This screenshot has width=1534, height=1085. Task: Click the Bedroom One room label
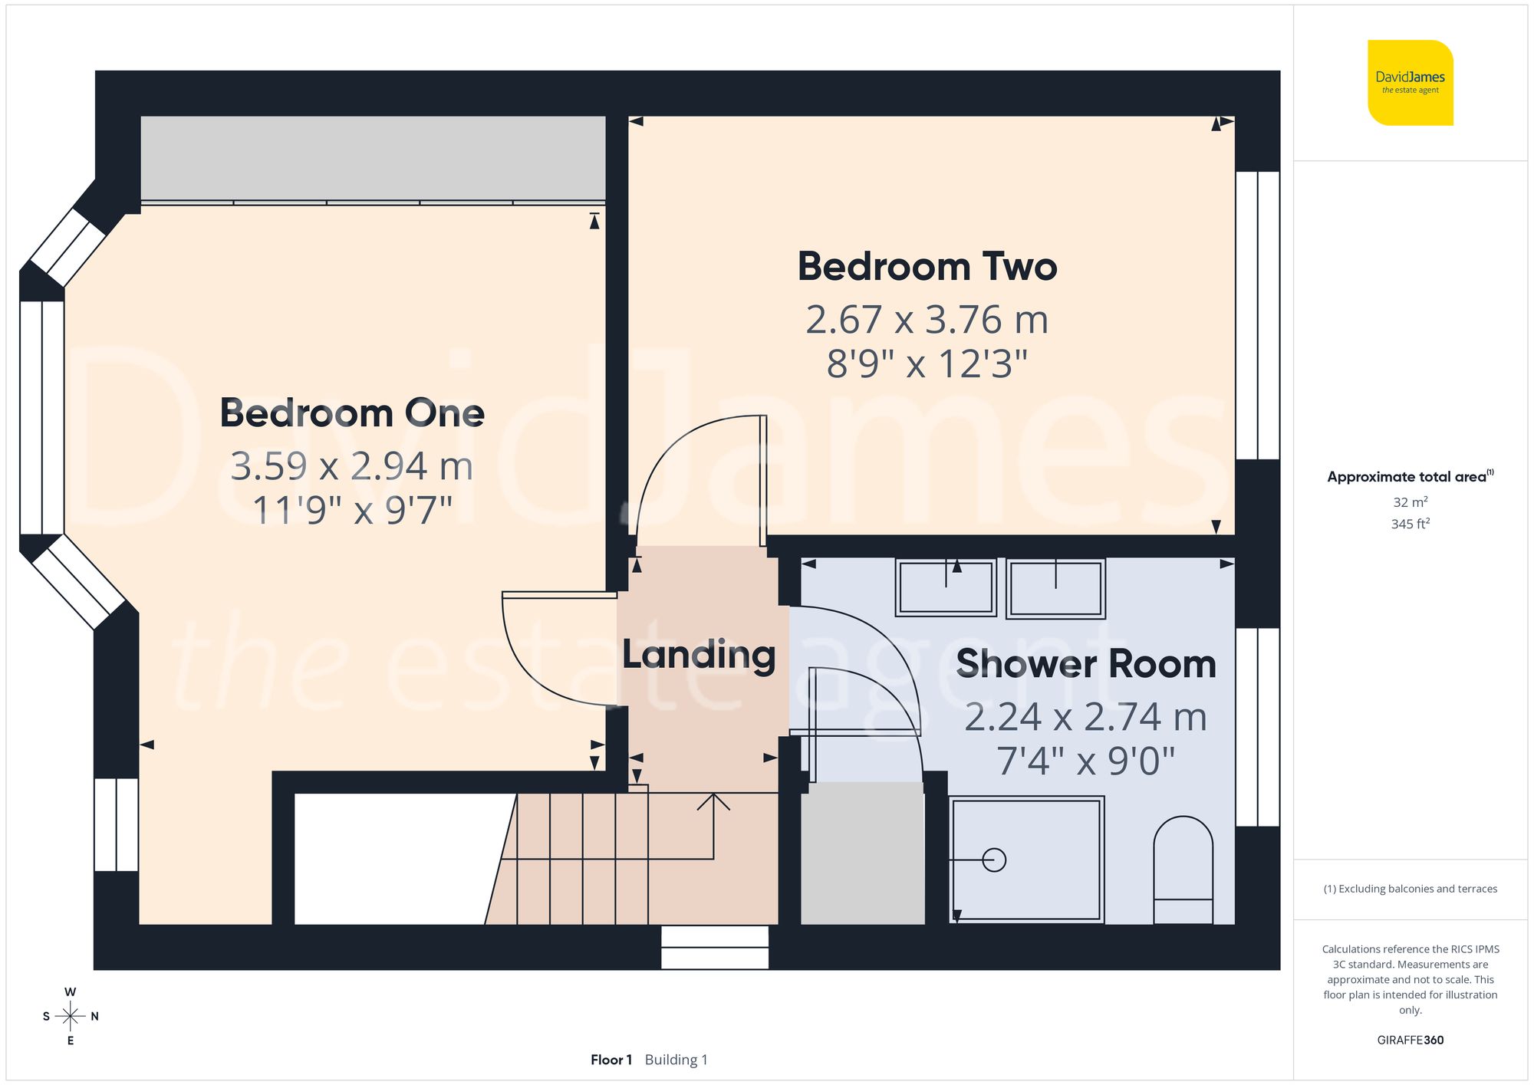click(x=352, y=413)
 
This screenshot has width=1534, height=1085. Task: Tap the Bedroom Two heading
click(x=927, y=267)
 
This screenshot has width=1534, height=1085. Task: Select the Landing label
click(x=699, y=655)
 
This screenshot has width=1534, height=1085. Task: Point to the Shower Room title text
click(x=1086, y=664)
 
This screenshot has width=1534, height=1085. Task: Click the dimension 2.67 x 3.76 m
click(x=927, y=320)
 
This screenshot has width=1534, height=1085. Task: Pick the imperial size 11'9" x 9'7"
click(x=352, y=510)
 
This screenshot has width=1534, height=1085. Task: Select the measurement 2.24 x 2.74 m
click(x=1086, y=718)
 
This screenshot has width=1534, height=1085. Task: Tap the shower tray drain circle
click(x=994, y=860)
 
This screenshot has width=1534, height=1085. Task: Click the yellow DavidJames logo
click(x=1410, y=83)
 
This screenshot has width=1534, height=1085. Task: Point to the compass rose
click(x=70, y=1016)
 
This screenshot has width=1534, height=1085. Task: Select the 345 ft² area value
click(x=1410, y=524)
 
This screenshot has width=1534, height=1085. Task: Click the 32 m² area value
click(x=1410, y=502)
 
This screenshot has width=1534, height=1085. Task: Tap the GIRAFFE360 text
click(x=1410, y=1040)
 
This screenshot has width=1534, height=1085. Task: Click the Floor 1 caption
click(x=611, y=1060)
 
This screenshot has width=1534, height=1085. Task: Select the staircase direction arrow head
click(x=713, y=799)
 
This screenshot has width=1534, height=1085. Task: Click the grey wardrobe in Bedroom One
click(x=373, y=158)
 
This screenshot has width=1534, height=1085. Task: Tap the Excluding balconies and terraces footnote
click(x=1410, y=889)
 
